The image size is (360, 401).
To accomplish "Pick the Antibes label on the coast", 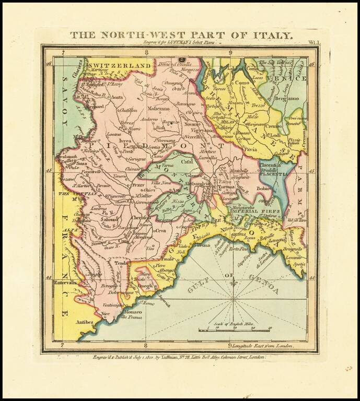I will click(84, 322).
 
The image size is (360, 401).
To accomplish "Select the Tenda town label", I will click(121, 264).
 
